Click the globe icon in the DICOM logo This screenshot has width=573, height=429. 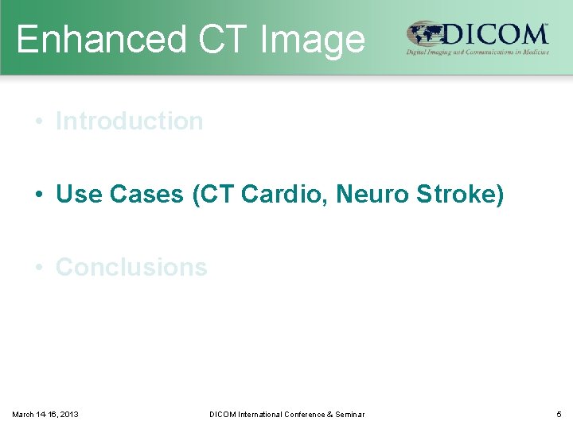coord(424,35)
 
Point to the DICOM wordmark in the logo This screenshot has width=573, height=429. coord(496,34)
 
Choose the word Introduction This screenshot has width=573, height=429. coord(129,122)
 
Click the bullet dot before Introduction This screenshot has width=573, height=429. coord(38,122)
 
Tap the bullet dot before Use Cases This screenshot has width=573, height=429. coord(38,195)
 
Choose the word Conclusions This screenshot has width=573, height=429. coord(131,268)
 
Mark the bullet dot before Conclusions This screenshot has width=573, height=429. coord(38,268)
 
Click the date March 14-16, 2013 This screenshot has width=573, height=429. coord(45,414)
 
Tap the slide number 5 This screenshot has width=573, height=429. coord(559,414)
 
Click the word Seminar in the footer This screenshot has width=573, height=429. coord(349,414)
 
